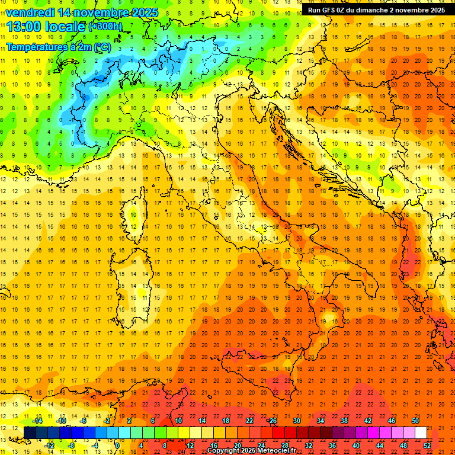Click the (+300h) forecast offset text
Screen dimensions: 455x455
tap(105, 27)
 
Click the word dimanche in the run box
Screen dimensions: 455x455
tap(371, 10)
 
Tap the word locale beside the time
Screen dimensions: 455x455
tap(68, 26)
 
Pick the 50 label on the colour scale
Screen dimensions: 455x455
tap(415, 421)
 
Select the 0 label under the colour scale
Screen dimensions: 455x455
tap(117, 446)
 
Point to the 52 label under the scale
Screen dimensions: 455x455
tap(427, 446)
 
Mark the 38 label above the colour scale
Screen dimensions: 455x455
tap(344, 421)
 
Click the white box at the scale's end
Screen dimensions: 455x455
tap(421, 433)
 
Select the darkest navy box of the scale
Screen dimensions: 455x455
tap(30, 433)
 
